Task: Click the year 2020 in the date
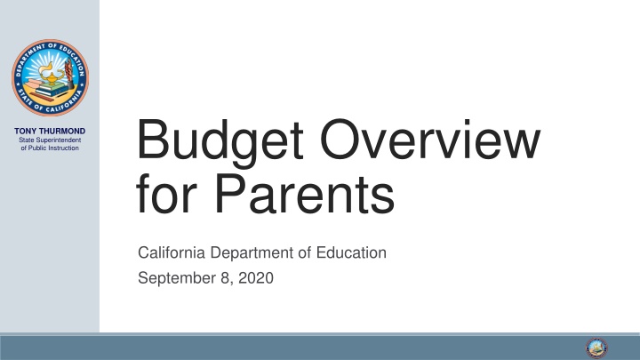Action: [257, 280]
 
